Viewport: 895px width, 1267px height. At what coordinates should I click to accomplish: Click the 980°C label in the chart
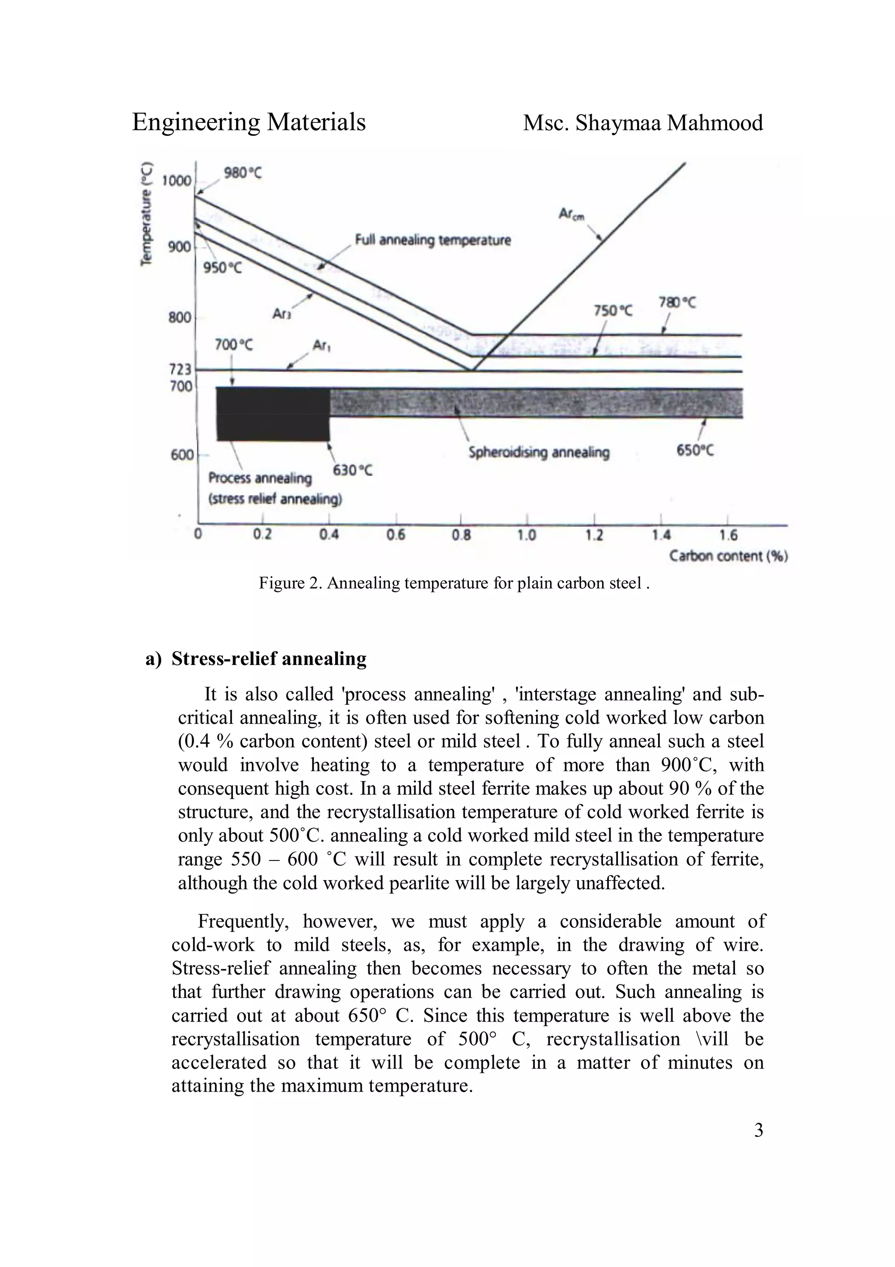tap(243, 173)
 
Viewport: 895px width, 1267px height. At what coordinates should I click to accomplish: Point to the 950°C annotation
tap(222, 268)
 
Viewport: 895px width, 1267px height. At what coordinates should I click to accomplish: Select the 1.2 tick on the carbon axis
tap(594, 535)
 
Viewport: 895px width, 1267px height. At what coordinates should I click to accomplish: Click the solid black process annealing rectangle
tap(272, 414)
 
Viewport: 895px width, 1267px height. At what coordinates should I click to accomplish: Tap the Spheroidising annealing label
tap(538, 453)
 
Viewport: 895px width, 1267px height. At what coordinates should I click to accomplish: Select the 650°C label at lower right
tap(695, 451)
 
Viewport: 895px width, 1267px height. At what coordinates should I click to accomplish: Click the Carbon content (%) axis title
tap(728, 556)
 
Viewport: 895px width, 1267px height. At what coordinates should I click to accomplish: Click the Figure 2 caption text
tap(454, 583)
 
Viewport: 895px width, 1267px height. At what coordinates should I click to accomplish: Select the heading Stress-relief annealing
tap(269, 658)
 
